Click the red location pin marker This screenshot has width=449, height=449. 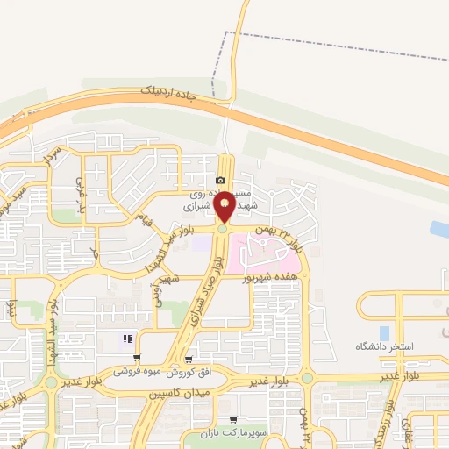[x=224, y=206]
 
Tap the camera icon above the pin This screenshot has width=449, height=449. [x=220, y=180]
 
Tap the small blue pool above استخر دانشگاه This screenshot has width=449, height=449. [x=384, y=333]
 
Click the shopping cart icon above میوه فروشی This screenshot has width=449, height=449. [x=189, y=360]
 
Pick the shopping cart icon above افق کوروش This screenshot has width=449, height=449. [x=137, y=357]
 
